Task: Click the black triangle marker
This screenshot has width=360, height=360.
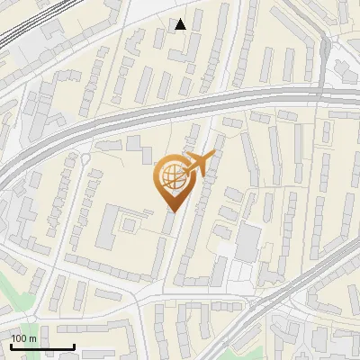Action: [181, 24]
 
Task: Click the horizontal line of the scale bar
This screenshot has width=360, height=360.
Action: [42, 346]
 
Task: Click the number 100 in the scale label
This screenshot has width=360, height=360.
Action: [20, 338]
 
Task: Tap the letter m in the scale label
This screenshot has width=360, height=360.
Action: [32, 338]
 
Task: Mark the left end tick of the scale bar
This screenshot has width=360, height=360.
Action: [12, 345]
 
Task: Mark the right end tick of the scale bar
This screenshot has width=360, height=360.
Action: [74, 345]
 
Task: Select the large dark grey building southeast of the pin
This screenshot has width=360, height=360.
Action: [247, 239]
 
